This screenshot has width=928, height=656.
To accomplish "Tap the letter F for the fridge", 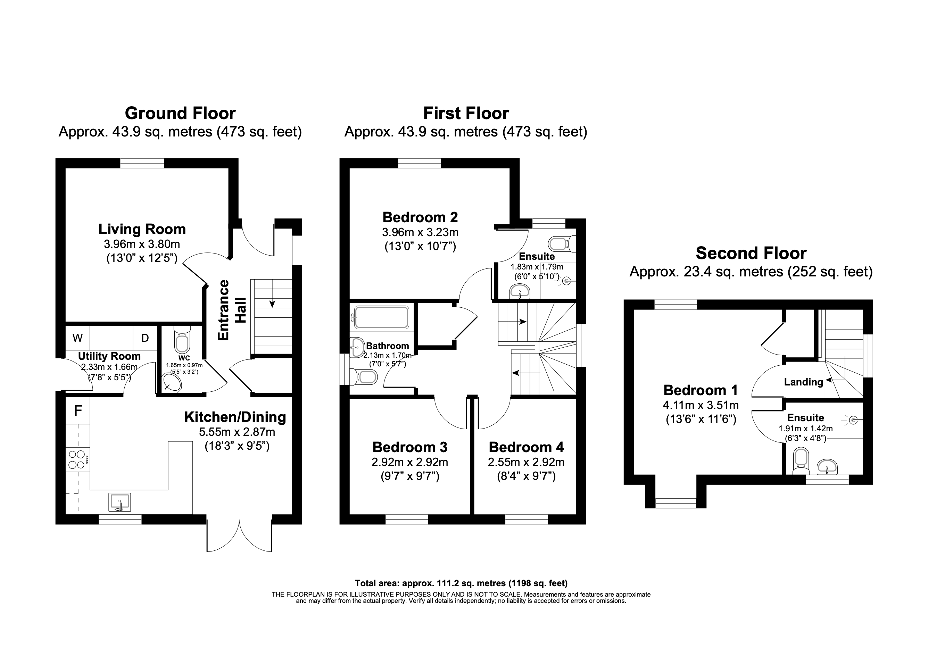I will tap(78, 411).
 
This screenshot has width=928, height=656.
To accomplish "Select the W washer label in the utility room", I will tap(77, 338).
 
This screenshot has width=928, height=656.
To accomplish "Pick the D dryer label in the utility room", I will tap(145, 338).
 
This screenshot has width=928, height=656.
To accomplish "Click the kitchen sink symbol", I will tap(119, 503).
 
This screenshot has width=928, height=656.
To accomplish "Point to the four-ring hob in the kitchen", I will tap(77, 459).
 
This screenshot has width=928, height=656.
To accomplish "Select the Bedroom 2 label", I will tap(420, 217).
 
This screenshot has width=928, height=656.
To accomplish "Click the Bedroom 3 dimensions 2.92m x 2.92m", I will tap(409, 462).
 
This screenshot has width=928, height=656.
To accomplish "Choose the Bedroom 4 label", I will tap(526, 447).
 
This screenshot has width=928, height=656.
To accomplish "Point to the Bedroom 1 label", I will tap(701, 390).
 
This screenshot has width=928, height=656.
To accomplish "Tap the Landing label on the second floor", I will tap(803, 382).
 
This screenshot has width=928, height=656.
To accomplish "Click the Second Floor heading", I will tap(751, 254).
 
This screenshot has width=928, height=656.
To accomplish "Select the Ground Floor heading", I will tap(180, 114).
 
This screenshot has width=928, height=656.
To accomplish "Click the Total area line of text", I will tap(461, 583).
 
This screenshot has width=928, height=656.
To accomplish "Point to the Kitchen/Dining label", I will tap(235, 417).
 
